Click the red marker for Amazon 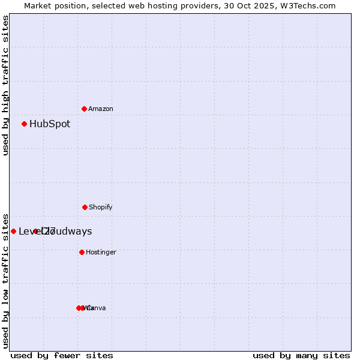tap(84, 109)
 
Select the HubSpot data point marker tap(25, 124)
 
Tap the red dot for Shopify tap(85, 207)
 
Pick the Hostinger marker tap(82, 252)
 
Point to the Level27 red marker tap(13, 231)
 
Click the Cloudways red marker tap(36, 231)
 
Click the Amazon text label tap(101, 109)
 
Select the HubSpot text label tap(50, 124)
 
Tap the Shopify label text tap(101, 207)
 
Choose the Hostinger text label tap(101, 252)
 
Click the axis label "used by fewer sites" tap(62, 355)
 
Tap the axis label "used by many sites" tap(301, 355)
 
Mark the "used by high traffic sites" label tap(5, 85)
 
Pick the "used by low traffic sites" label tap(5, 280)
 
